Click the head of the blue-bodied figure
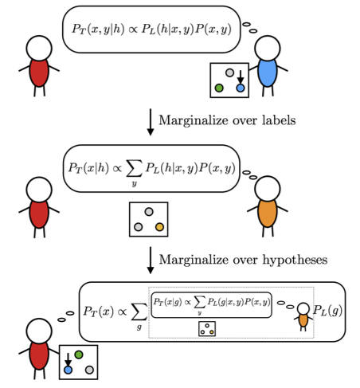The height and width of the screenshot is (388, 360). [x=267, y=49]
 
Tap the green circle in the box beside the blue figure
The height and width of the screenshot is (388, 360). [x=219, y=88]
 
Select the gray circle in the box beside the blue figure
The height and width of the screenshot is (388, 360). [x=229, y=73]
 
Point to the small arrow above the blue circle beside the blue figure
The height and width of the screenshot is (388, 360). [x=241, y=76]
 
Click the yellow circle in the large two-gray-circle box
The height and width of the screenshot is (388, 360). [x=159, y=227]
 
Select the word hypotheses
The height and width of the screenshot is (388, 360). [x=295, y=260]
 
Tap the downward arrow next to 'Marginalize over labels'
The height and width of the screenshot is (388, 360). [x=151, y=122]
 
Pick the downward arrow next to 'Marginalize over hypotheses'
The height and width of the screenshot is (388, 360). [x=151, y=261]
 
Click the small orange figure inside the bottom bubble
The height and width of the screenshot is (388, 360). [x=303, y=317]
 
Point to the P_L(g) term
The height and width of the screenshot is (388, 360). [x=327, y=310]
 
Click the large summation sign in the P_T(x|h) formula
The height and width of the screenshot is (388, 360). [x=134, y=168]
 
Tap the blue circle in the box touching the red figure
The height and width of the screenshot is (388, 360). [x=68, y=370]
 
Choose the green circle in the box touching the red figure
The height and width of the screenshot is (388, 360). [x=79, y=355]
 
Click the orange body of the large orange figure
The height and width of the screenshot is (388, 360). [x=268, y=214]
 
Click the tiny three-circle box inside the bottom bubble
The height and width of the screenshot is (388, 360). [x=207, y=329]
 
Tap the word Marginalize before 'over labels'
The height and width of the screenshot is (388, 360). [x=194, y=120]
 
